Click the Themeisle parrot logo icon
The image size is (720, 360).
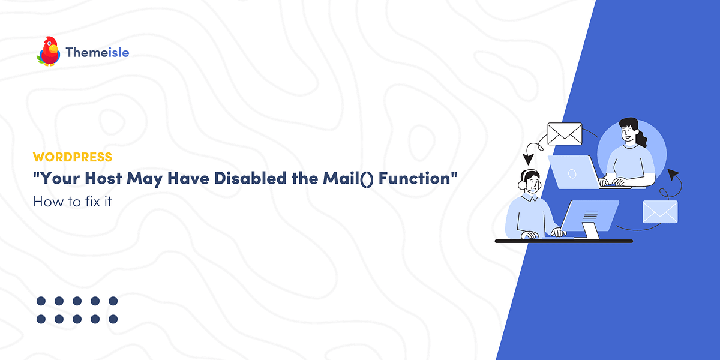48,52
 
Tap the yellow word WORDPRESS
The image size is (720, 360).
72,157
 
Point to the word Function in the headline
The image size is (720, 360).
413,179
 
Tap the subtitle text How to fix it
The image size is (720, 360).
73,202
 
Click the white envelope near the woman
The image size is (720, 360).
565,134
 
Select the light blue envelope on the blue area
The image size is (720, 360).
660,212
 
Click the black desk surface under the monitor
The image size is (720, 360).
564,241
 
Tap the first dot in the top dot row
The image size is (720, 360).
41,301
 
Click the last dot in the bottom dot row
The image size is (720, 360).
113,319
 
